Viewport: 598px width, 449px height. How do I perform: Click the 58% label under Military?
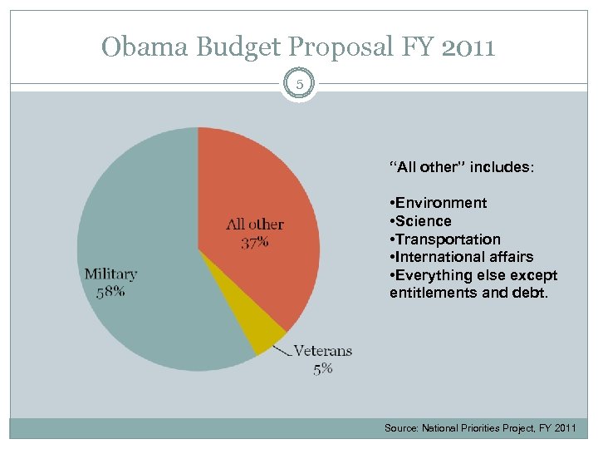click(110, 291)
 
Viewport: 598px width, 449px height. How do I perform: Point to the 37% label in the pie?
click(255, 242)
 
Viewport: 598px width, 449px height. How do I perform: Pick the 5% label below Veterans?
click(323, 368)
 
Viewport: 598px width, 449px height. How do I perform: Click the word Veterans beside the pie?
click(323, 351)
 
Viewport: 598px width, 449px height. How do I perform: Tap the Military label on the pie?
click(111, 274)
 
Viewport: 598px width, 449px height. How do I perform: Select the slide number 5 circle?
click(299, 84)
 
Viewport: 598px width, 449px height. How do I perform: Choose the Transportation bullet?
click(445, 239)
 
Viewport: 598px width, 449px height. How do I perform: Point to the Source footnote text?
click(480, 427)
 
